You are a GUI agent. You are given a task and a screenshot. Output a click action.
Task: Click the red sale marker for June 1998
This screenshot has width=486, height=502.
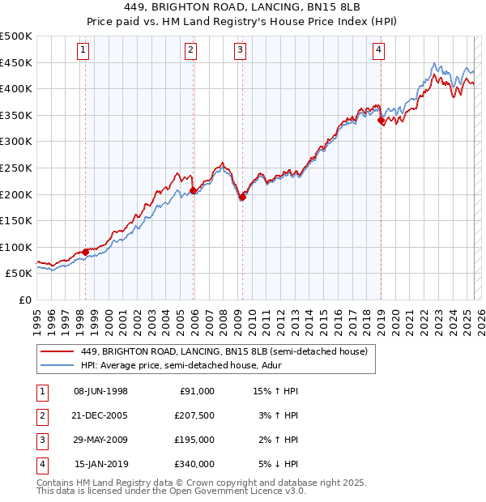point(85,252)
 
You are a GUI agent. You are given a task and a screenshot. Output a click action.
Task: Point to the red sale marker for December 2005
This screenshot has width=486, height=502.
point(193,191)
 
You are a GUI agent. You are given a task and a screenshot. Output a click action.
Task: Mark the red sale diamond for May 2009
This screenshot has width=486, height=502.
point(242,197)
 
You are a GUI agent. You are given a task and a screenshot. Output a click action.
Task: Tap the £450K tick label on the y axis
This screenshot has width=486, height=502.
point(17,62)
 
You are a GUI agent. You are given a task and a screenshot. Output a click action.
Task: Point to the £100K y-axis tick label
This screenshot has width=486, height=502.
point(17,247)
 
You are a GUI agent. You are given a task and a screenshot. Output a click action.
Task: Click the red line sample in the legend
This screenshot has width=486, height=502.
point(56,351)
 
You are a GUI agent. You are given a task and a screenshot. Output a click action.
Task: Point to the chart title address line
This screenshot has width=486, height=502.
point(242,6)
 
